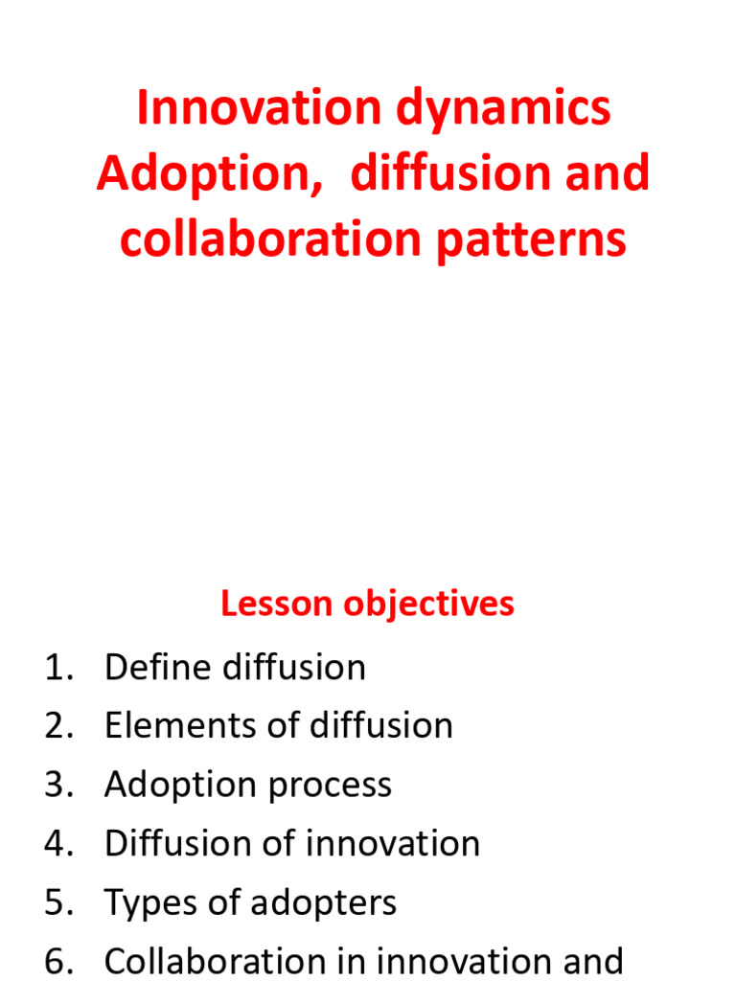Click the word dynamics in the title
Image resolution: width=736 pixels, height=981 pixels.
pos(504,108)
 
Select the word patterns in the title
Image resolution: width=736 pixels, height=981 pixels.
pos(531,240)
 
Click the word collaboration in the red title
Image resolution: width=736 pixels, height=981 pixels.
pos(269,240)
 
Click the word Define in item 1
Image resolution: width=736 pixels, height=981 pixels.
pos(159,668)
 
